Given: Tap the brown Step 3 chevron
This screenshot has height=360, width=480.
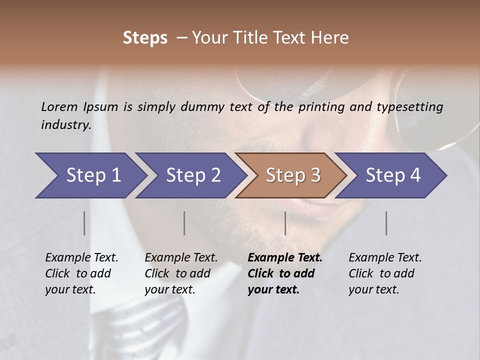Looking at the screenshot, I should point(293,175).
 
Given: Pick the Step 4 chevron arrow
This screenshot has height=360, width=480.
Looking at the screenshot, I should point(393,175).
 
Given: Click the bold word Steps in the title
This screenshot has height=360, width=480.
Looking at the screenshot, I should point(145,38).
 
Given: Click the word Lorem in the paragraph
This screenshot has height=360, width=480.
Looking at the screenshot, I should point(59,107).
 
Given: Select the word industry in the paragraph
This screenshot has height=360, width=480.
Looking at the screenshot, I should point(66,125).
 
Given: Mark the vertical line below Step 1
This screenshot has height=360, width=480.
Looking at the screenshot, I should point(84,223).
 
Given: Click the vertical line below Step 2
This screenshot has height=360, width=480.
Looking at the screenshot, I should point(184,223).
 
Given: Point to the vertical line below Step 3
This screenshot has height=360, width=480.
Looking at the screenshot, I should point(285,223).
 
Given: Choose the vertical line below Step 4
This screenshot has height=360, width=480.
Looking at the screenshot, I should point(386,223).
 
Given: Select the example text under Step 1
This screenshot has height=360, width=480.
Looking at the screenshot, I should point(81,273).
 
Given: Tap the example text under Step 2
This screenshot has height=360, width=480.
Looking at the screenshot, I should point(181,273).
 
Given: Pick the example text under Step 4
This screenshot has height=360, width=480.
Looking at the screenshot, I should point(385,273).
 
